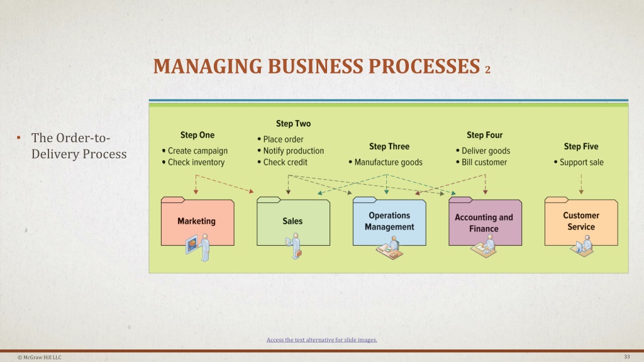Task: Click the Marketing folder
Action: (197, 221)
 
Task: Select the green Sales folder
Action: (293, 221)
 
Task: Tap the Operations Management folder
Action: (389, 221)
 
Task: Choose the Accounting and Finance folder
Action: (485, 221)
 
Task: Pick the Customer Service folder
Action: (581, 221)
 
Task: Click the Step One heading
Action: (197, 135)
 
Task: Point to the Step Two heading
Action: (293, 124)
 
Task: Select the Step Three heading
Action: (389, 146)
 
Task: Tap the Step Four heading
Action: (485, 135)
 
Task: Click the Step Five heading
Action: (580, 146)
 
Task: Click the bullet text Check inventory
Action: (196, 162)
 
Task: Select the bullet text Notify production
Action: (293, 151)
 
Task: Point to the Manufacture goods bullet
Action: (388, 162)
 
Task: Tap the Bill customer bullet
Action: (484, 162)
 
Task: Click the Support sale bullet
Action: (581, 162)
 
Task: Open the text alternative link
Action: (321, 340)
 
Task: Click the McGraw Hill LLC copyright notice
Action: (40, 358)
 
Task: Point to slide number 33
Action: (627, 357)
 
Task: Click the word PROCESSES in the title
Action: (424, 67)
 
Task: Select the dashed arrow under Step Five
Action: (581, 184)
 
